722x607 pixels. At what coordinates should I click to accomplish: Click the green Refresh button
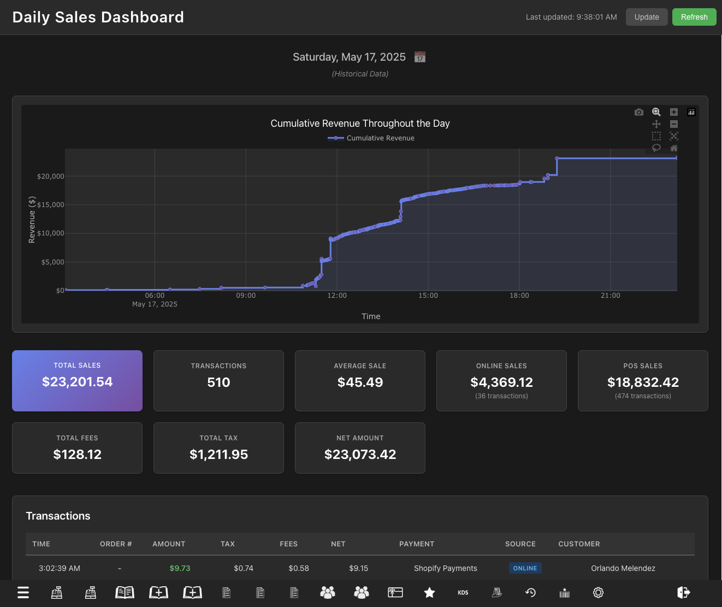point(694,17)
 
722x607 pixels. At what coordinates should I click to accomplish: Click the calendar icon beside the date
point(419,57)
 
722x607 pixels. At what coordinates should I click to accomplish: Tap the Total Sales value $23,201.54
point(77,382)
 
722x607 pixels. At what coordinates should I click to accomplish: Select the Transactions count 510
point(218,382)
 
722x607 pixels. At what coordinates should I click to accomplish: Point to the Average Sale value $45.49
point(360,382)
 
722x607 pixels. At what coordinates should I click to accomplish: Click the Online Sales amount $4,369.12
point(501,382)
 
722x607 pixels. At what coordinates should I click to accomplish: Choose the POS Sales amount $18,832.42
point(643,382)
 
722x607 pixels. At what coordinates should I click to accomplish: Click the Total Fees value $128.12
point(77,455)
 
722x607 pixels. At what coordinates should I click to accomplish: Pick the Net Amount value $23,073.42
point(360,455)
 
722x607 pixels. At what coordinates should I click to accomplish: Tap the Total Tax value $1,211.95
point(218,455)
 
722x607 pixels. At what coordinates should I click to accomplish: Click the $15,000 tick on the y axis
point(50,205)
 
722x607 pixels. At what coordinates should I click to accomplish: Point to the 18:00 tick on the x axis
point(519,296)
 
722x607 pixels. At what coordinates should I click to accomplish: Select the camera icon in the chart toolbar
point(638,112)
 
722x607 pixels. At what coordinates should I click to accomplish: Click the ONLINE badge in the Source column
point(525,568)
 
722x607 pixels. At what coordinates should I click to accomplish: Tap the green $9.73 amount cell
point(180,568)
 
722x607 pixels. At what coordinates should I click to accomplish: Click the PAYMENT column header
point(416,544)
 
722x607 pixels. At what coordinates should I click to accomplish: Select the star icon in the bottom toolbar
point(429,592)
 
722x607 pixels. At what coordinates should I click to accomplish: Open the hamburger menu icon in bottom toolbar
point(23,592)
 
